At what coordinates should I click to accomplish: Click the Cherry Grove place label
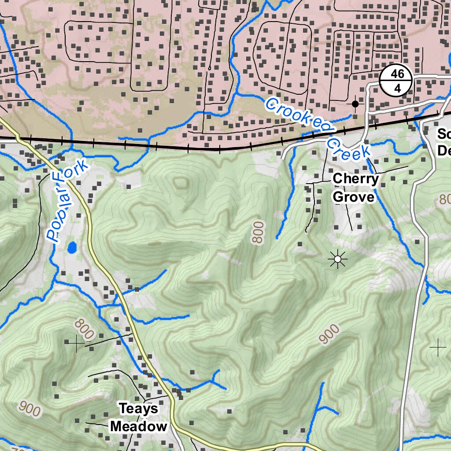[355, 188]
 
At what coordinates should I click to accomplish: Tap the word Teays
[139, 409]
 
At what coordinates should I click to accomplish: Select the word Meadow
[139, 426]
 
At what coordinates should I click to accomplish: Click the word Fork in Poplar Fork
[77, 174]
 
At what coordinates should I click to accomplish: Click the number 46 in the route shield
[397, 74]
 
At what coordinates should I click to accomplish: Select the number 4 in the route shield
[397, 89]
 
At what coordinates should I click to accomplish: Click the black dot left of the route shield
[355, 104]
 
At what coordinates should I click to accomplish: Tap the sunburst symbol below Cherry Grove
[338, 260]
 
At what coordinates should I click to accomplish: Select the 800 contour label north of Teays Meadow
[84, 329]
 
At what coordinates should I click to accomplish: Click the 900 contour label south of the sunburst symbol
[329, 334]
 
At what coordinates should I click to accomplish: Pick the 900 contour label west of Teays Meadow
[30, 410]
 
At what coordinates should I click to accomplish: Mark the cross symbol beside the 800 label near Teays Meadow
[75, 342]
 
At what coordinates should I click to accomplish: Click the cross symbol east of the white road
[438, 348]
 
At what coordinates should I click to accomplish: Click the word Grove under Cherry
[354, 196]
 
